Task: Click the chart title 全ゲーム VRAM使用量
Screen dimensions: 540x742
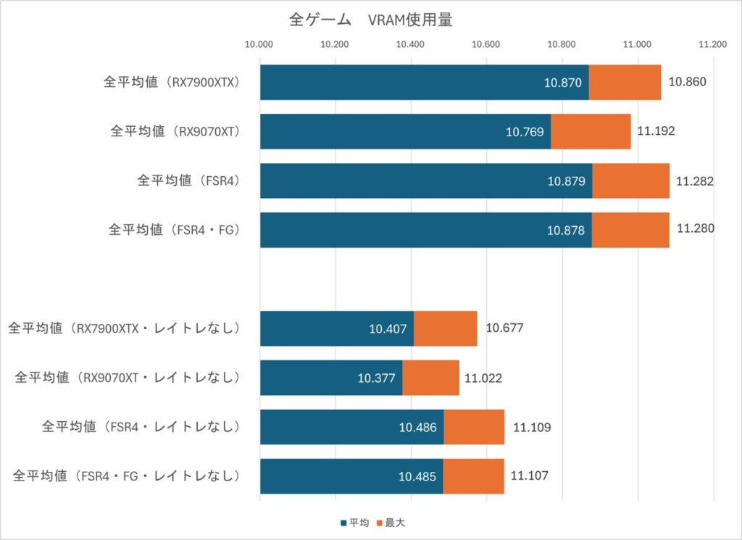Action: [370, 20]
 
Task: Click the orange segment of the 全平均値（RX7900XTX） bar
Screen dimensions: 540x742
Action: [624, 82]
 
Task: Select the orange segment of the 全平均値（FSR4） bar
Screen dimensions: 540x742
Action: [630, 180]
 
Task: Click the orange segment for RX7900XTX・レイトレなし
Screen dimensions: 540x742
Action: [445, 328]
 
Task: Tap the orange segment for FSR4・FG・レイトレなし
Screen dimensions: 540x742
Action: [473, 476]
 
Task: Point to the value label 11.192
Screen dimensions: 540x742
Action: [656, 131]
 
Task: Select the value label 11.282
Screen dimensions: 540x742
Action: [695, 180]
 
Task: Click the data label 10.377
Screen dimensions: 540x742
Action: [376, 378]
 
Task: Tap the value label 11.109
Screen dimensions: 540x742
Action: [532, 427]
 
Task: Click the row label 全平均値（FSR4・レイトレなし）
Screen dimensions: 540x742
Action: [141, 427]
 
